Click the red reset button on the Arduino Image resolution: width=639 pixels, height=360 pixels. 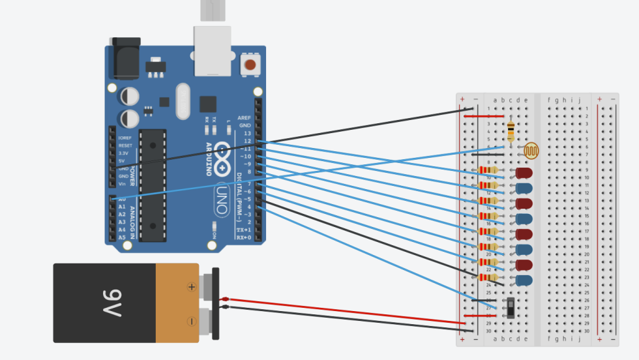click(x=250, y=65)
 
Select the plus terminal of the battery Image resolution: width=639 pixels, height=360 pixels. click(x=192, y=286)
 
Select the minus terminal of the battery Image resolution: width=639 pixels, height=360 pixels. click(x=192, y=322)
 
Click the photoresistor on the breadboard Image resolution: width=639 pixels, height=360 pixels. click(x=532, y=151)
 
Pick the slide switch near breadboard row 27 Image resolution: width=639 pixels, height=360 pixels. click(x=510, y=307)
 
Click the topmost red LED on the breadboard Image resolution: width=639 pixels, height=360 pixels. click(x=523, y=173)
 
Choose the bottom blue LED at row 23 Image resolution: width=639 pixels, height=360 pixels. click(x=523, y=280)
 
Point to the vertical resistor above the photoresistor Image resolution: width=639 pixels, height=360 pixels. click(x=510, y=131)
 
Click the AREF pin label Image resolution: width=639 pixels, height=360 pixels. click(x=244, y=117)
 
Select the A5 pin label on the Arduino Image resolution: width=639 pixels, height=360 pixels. click(x=122, y=237)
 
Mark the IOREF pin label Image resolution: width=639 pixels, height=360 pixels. click(x=125, y=138)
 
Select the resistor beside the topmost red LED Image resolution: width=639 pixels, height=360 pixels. click(x=488, y=171)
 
